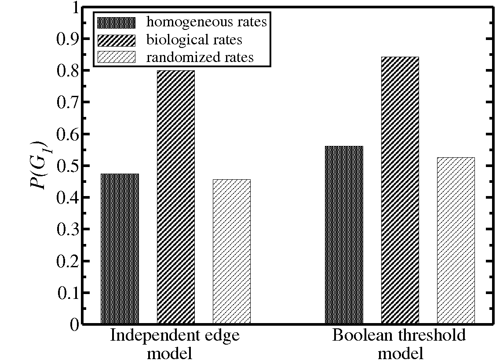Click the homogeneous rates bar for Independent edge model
(x=120, y=249)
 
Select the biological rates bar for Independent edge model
(x=175, y=197)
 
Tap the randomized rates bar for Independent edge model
(x=232, y=252)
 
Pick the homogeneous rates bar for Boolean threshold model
(x=344, y=235)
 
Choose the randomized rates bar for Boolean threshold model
(x=456, y=240)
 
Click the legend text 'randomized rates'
(x=200, y=58)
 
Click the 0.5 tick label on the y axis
(x=67, y=166)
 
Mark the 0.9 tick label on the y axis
(x=67, y=39)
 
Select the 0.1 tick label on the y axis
(x=67, y=293)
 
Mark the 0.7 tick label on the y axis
(x=67, y=102)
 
